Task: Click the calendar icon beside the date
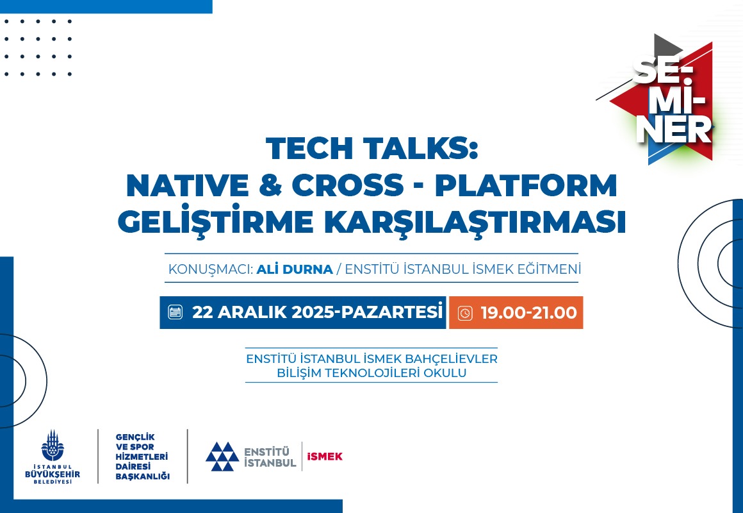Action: (176, 312)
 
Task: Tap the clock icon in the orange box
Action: (465, 313)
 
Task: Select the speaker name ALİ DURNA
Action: (295, 269)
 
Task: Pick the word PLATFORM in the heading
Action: (526, 185)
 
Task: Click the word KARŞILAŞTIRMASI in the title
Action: (475, 222)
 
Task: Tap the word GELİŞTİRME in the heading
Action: (216, 222)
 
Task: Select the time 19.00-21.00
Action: (529, 313)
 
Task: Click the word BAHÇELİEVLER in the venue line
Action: (452, 358)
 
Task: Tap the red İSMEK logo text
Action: (325, 457)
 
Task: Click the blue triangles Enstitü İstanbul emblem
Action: (222, 457)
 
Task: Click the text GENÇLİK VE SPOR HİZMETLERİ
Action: (142, 446)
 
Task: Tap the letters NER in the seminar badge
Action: (674, 129)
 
